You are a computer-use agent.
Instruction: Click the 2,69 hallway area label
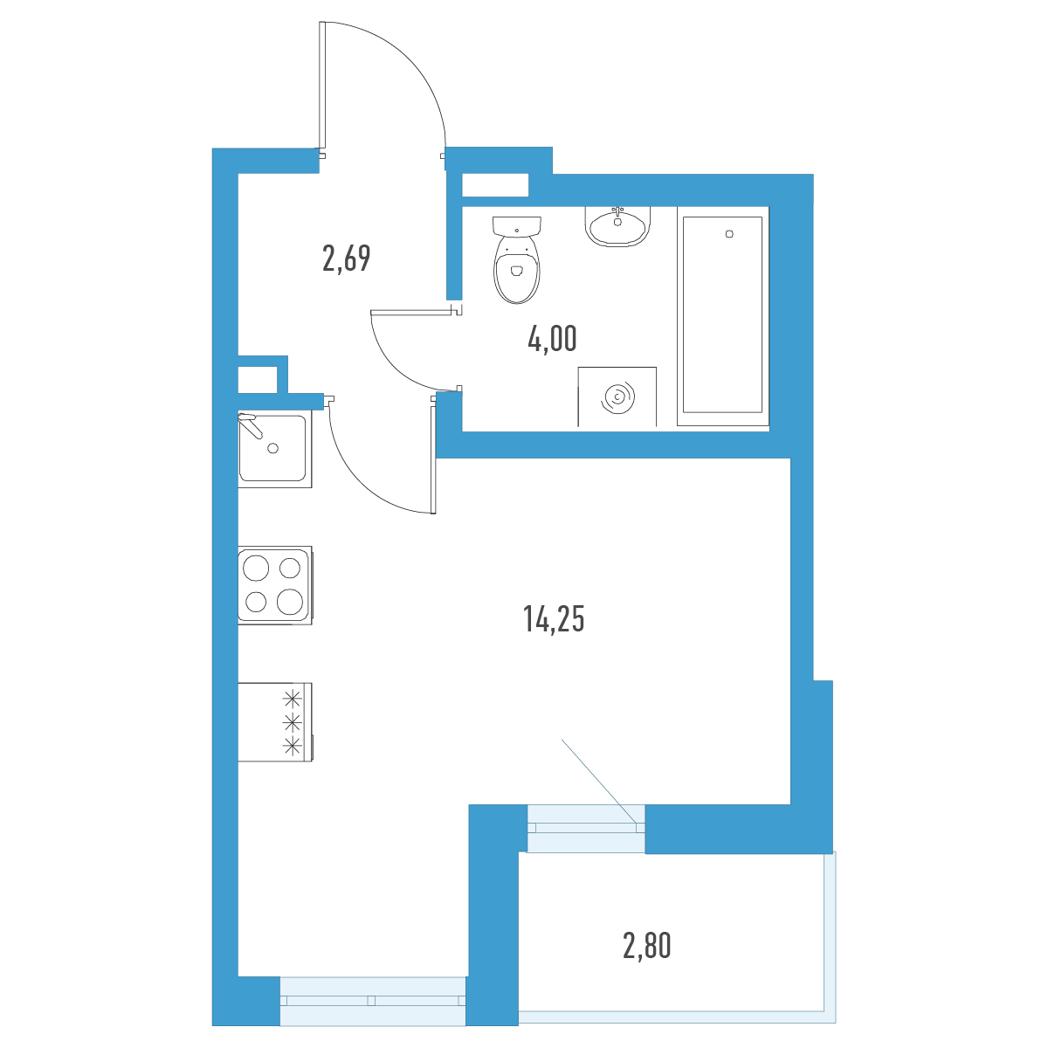click(347, 259)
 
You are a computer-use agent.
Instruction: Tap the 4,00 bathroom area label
click(552, 339)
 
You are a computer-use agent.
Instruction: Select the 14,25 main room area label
click(554, 619)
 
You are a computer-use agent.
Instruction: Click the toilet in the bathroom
click(517, 259)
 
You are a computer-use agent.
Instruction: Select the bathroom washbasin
click(617, 226)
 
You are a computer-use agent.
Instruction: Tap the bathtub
click(723, 315)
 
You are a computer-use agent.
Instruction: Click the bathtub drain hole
click(729, 234)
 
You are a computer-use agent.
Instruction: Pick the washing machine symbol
click(617, 396)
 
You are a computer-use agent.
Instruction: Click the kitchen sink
click(275, 449)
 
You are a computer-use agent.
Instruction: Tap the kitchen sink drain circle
click(273, 448)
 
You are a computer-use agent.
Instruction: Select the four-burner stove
click(275, 584)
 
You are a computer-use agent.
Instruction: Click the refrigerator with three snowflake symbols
click(276, 722)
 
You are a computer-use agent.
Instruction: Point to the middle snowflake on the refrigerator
click(293, 722)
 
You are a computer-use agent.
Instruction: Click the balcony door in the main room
click(586, 828)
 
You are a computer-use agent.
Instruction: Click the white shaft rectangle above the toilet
click(495, 185)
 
